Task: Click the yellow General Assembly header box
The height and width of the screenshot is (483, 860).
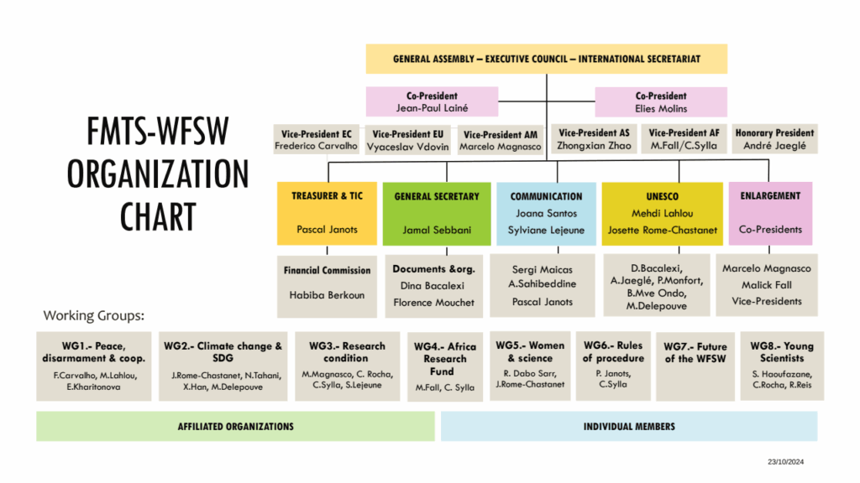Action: [x=546, y=59]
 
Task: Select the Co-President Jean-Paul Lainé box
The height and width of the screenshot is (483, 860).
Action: [x=432, y=101]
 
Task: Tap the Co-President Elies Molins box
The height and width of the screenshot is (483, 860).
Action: [x=661, y=101]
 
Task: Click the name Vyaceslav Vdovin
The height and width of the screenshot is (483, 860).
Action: [x=410, y=147]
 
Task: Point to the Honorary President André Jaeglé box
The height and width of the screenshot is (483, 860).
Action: [x=774, y=139]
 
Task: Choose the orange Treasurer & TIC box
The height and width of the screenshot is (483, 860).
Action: [x=327, y=213]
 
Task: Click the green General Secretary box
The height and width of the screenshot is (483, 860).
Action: [x=437, y=213]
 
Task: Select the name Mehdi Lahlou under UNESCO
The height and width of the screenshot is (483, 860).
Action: [x=662, y=213]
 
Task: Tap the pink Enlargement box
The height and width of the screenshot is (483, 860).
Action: [x=770, y=213]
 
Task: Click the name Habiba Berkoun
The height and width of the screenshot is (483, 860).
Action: [x=327, y=295]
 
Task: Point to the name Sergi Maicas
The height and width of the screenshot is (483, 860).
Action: [x=543, y=270]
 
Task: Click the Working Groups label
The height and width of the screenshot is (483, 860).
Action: [x=94, y=316]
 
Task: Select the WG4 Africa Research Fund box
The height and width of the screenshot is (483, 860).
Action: [x=445, y=366]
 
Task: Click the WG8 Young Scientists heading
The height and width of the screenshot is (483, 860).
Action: [x=781, y=352]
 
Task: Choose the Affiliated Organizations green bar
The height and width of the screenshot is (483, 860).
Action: [x=236, y=426]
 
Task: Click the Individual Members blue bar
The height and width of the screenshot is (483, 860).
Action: [x=628, y=426]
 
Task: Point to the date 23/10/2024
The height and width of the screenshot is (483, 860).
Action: [x=784, y=462]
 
